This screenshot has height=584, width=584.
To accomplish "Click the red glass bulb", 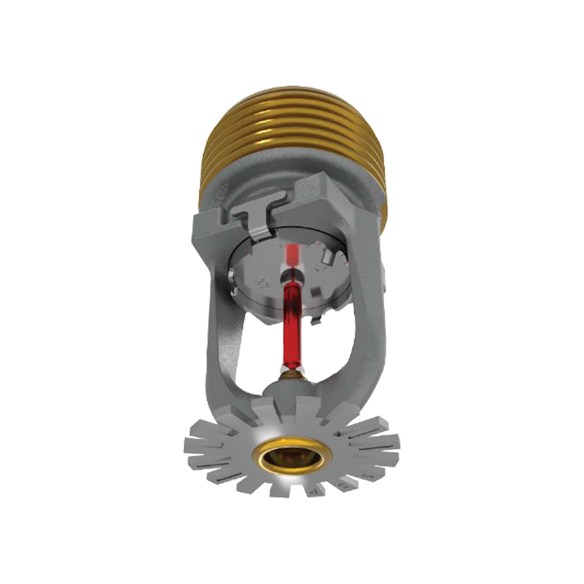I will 293,324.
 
